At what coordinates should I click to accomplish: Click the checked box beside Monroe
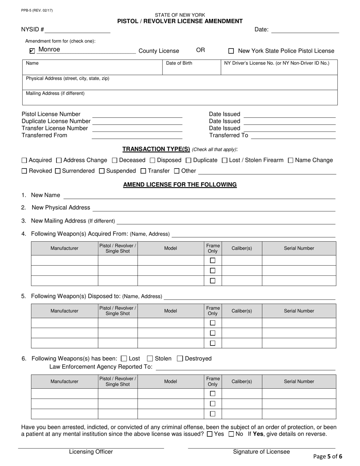32,51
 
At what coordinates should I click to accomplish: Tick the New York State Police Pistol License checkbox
231,51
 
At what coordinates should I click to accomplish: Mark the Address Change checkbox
59,160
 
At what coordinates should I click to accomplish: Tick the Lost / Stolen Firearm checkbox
224,160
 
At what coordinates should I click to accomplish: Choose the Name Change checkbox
291,160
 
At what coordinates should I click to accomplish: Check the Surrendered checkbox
58,171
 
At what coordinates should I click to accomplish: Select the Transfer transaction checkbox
143,171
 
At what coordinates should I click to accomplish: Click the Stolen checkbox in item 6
150,358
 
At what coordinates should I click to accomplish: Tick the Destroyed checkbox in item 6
180,358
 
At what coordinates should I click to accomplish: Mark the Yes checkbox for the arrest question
210,434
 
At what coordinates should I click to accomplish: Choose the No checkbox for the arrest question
231,434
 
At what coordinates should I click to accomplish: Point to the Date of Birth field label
179,63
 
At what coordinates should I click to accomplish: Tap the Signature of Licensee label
261,452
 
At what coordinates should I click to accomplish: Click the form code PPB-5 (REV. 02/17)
37,10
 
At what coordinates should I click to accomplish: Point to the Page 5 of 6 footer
328,457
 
